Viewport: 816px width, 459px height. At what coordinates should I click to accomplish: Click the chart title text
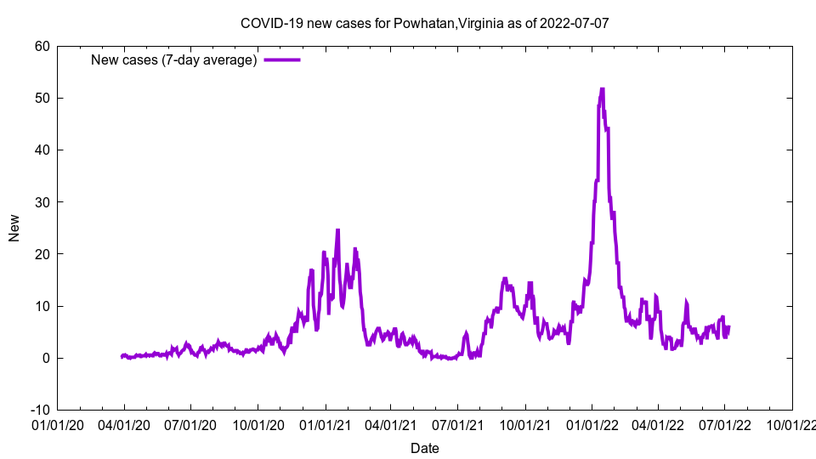pyautogui.click(x=424, y=23)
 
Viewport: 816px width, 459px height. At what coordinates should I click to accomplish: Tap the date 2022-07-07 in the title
pyautogui.click(x=574, y=23)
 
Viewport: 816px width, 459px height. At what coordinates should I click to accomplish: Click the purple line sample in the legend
pyautogui.click(x=282, y=59)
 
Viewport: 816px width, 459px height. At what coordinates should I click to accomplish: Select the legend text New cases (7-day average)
pyautogui.click(x=174, y=59)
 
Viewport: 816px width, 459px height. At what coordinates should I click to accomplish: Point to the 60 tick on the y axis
pyautogui.click(x=42, y=46)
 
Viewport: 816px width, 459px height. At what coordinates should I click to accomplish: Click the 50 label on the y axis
pyautogui.click(x=42, y=98)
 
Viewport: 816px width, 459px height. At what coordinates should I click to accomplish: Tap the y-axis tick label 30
pyautogui.click(x=42, y=201)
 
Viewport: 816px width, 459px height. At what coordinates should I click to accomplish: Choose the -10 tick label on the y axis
pyautogui.click(x=39, y=410)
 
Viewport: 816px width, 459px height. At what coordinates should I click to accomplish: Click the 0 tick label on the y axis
pyautogui.click(x=46, y=358)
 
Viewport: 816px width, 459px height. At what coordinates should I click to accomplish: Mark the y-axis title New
pyautogui.click(x=14, y=228)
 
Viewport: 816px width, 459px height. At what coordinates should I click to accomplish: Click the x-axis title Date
pyautogui.click(x=424, y=448)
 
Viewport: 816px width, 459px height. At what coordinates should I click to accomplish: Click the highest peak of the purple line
pyautogui.click(x=602, y=88)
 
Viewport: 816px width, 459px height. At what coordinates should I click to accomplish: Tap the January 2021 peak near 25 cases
pyautogui.click(x=337, y=229)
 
